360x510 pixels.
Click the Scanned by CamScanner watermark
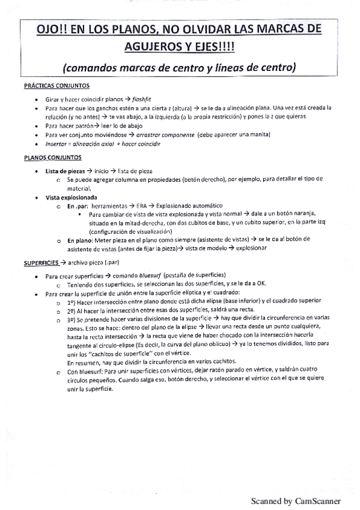click(295, 500)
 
